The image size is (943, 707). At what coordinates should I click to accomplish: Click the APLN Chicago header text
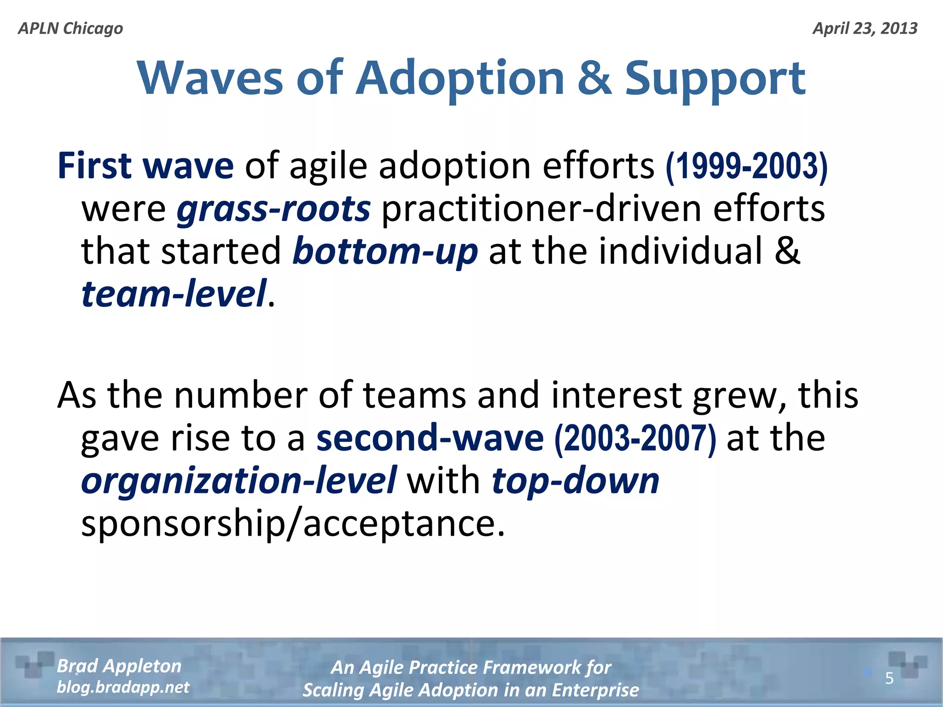(x=70, y=29)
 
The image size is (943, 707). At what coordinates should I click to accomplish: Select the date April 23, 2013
(x=865, y=29)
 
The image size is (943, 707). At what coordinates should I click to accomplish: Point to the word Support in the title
(x=715, y=79)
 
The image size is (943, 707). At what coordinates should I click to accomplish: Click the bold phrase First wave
(x=146, y=166)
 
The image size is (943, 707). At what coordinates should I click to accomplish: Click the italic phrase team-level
(x=174, y=294)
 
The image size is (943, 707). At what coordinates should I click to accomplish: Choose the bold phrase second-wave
(x=430, y=438)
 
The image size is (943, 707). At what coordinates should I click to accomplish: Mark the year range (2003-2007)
(x=635, y=439)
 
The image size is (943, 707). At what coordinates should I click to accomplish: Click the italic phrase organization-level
(x=239, y=481)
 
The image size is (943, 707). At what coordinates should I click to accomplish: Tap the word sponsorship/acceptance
(x=293, y=523)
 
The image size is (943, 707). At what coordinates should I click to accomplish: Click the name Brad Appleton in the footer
(x=119, y=666)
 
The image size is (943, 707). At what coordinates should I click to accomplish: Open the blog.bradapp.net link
(x=123, y=687)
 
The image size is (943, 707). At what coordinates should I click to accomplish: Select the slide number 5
(x=889, y=678)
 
